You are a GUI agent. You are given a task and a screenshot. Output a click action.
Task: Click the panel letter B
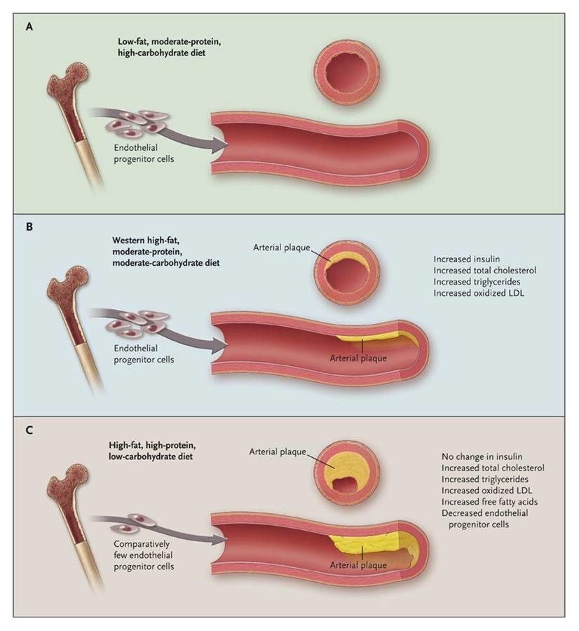coord(29,228)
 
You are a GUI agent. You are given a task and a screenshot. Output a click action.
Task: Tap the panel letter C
coord(29,430)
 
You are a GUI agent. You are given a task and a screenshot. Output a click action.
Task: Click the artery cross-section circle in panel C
coord(346,471)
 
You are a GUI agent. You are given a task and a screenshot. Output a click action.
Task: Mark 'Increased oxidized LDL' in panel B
coord(479,293)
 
